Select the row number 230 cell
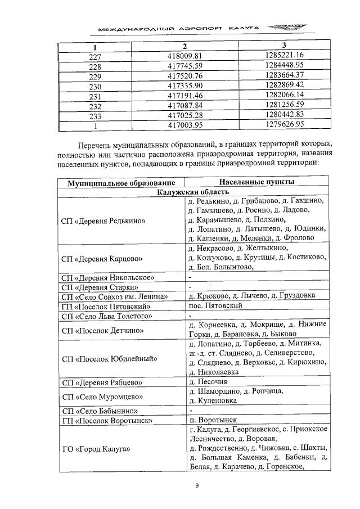click(95, 85)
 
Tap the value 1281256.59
click(284, 105)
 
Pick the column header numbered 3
click(284, 46)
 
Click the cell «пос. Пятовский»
click(216, 306)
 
